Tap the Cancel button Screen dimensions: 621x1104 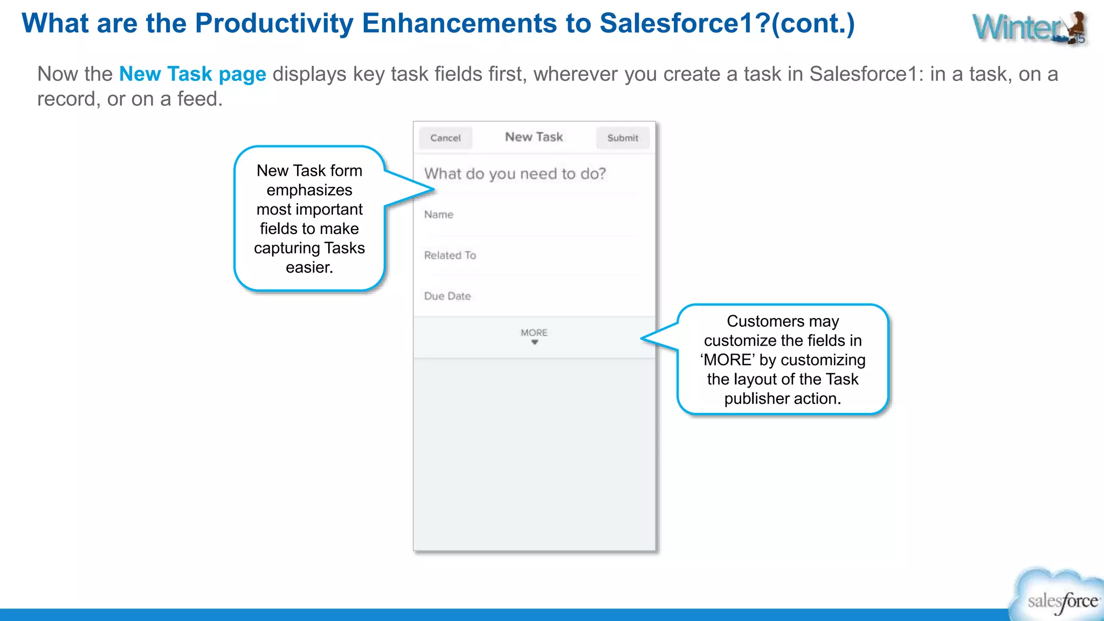tap(445, 138)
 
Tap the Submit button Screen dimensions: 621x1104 tap(623, 138)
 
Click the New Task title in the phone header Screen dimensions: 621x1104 tap(534, 137)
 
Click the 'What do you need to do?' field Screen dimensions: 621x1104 tap(515, 174)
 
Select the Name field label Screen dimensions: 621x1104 tap(438, 215)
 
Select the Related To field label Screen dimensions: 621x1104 tap(450, 256)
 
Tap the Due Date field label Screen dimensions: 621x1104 tap(447, 296)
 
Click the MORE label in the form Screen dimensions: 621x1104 tap(534, 333)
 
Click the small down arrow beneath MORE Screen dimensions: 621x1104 tap(534, 342)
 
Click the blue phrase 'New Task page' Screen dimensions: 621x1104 tap(192, 74)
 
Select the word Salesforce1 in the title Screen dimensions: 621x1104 tap(683, 24)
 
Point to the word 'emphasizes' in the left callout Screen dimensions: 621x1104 tap(309, 190)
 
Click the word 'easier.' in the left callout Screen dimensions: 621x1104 tap(309, 267)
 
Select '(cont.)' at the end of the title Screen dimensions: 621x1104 tap(813, 24)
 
